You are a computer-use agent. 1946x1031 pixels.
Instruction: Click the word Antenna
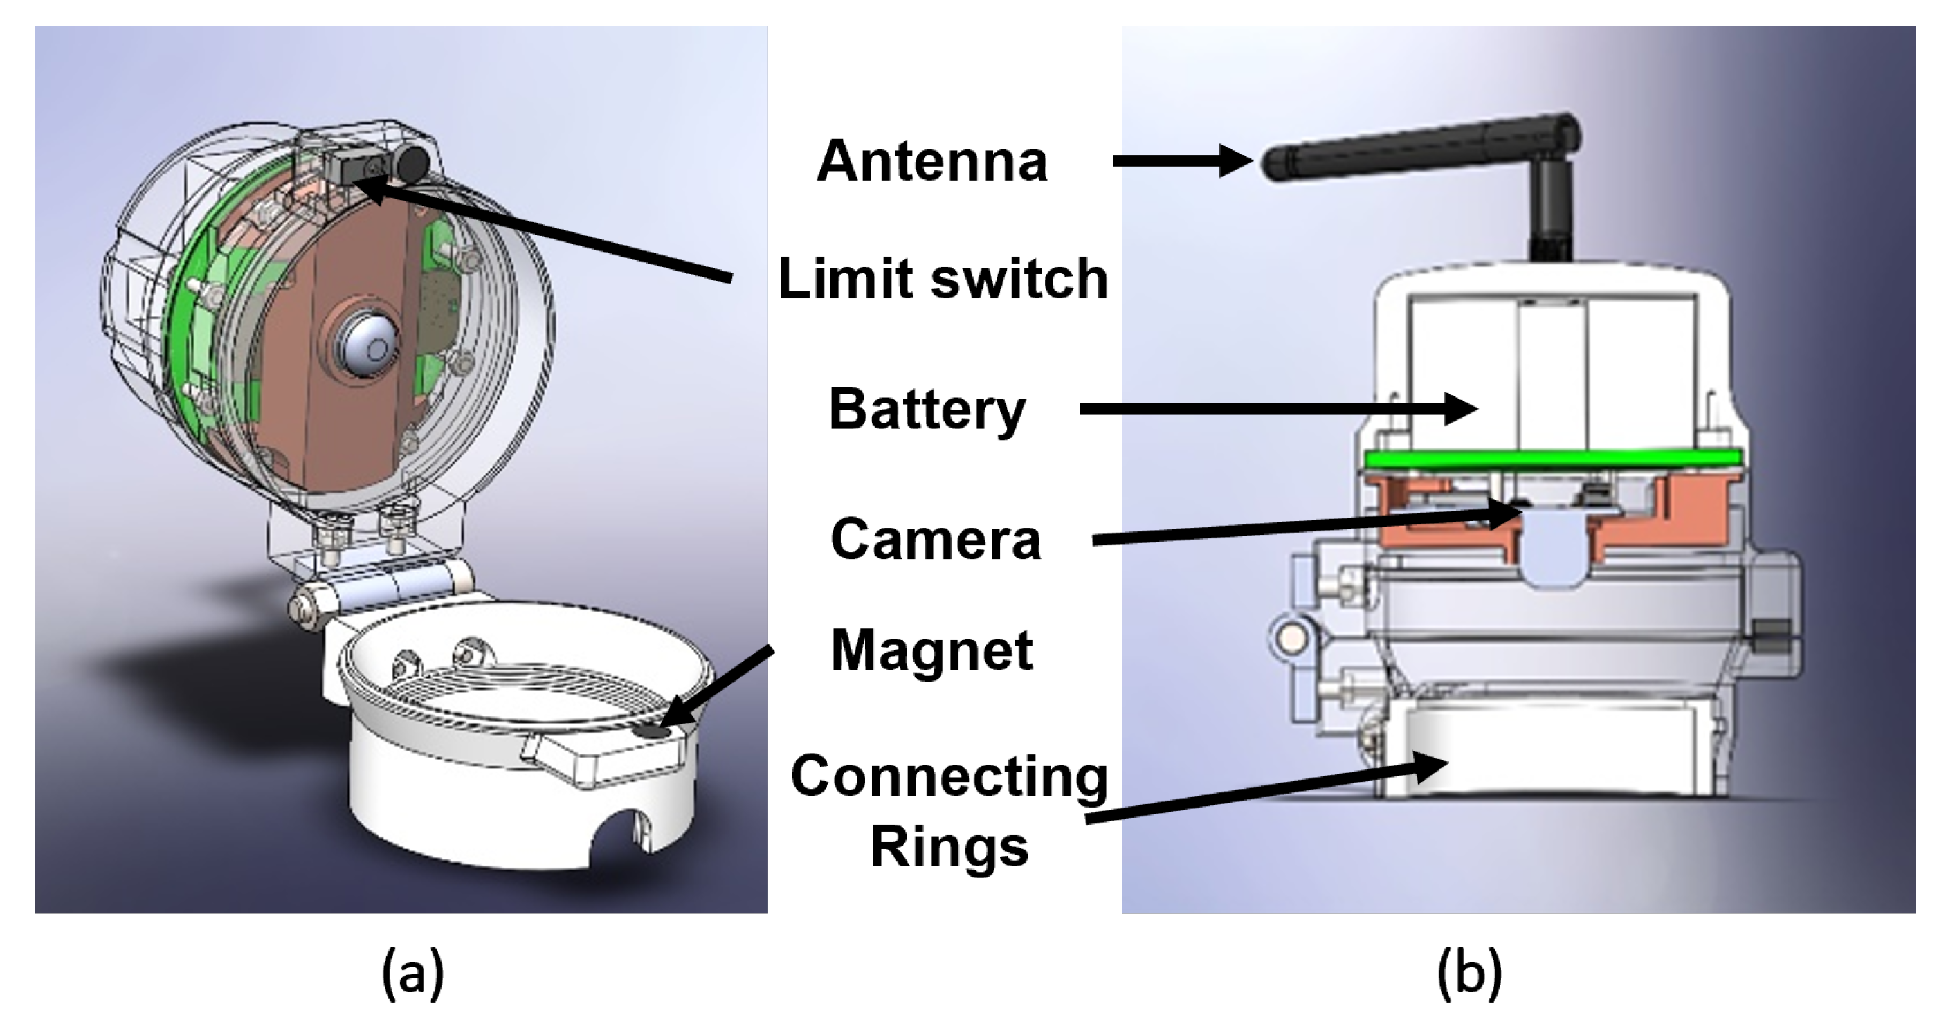[931, 162]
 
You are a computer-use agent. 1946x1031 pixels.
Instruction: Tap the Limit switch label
[943, 280]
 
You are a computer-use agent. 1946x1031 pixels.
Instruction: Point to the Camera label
[935, 539]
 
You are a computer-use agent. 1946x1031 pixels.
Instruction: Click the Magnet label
[931, 650]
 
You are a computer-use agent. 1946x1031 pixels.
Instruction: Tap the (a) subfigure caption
[412, 974]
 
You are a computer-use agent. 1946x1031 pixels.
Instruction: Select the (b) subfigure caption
[1469, 974]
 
